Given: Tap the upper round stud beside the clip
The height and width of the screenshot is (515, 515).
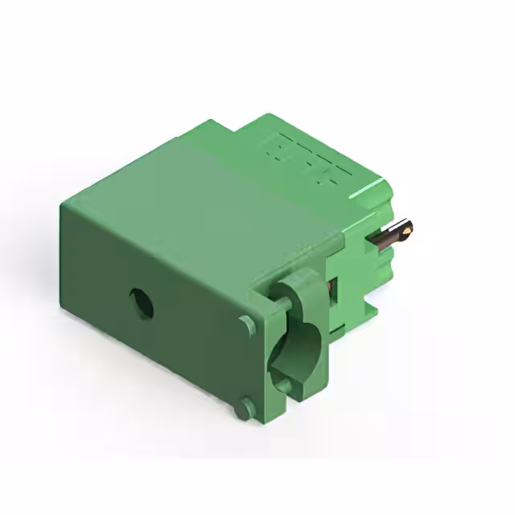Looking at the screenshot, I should click(247, 323).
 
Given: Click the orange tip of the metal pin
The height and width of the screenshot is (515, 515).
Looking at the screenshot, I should click(409, 229).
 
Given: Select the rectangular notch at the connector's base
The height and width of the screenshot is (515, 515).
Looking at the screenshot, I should click(371, 305).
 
